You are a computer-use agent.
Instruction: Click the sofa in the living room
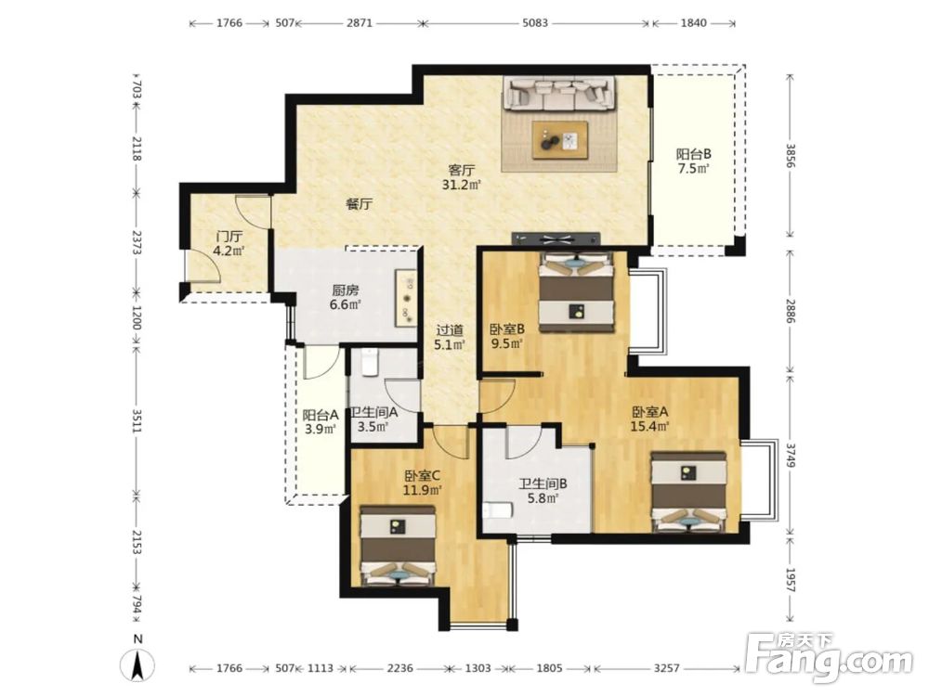click(x=560, y=94)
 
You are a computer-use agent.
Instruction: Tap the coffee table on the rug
click(x=560, y=140)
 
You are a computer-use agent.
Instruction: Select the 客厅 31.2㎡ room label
click(x=461, y=177)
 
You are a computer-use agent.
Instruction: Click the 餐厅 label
click(x=359, y=205)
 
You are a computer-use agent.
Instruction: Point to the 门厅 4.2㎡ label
click(x=229, y=243)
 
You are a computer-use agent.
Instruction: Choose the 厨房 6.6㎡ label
click(x=346, y=298)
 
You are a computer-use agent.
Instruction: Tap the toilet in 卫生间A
click(x=369, y=362)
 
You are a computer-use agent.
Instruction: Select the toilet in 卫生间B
click(x=497, y=510)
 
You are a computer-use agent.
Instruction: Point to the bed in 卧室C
click(x=399, y=546)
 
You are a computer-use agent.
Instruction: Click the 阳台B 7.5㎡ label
click(x=693, y=161)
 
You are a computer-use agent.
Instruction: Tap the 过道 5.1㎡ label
click(x=449, y=338)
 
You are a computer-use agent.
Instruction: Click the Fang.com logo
click(x=829, y=659)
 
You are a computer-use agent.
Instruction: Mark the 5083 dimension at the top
click(x=536, y=23)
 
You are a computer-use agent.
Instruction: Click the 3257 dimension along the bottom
click(x=666, y=668)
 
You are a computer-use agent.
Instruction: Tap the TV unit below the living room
click(x=556, y=238)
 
